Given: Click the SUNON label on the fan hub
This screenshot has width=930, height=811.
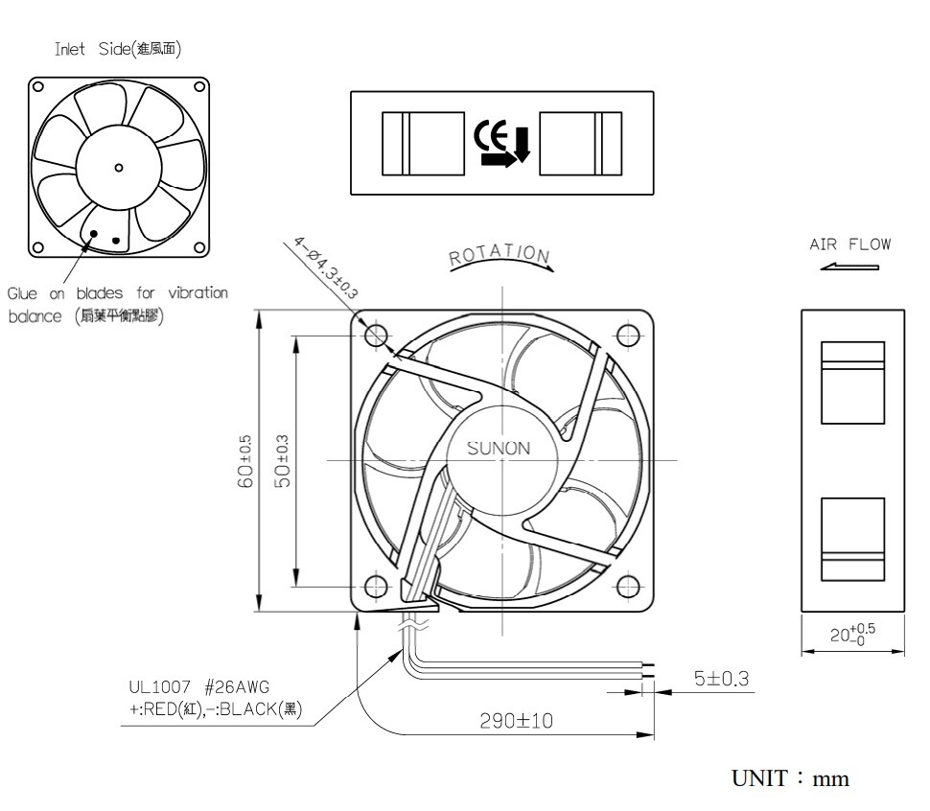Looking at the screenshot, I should pos(498,448).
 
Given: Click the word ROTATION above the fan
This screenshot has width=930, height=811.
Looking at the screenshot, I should pos(500,254).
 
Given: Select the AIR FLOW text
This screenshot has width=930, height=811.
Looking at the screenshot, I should pos(849,243).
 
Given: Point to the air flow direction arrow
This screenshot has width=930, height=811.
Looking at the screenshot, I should pos(849,266).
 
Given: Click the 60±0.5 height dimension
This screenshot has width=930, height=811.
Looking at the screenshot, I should pos(244,461).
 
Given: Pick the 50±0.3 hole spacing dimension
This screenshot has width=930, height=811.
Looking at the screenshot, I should pos(282,461).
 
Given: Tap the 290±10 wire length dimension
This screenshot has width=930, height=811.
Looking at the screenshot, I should pos(516,720).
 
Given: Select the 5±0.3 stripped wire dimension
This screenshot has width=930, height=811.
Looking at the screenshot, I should pos(720,679).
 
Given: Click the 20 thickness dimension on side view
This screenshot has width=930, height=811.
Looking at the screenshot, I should pos(851,634).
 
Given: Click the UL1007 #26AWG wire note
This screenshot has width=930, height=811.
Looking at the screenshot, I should pos(199,686).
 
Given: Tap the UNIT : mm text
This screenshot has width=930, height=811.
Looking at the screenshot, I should pos(790,778).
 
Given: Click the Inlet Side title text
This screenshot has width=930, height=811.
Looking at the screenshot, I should pos(118,49).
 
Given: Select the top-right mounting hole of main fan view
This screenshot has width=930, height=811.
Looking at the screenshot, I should pos(628,335).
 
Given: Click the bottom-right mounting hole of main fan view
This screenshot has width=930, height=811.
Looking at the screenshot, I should pos(628,585).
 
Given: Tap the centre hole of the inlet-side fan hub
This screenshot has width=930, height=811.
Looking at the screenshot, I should pos(119,167).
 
